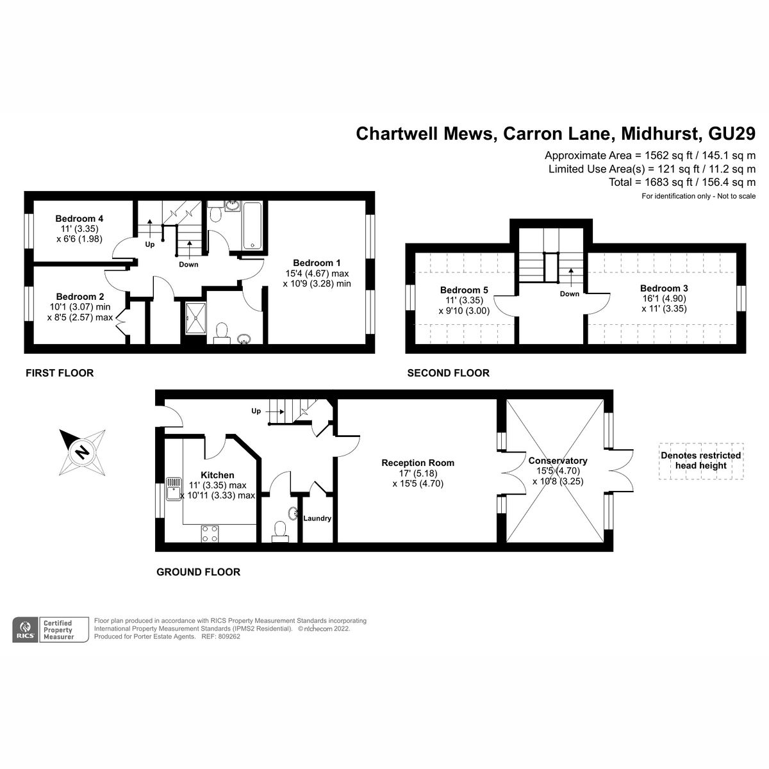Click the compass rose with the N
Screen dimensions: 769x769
click(82, 452)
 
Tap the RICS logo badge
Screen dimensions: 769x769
click(25, 629)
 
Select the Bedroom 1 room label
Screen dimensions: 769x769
click(317, 263)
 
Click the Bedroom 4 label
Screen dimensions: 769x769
click(79, 219)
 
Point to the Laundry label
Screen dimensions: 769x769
click(317, 518)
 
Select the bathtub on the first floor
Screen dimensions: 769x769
click(252, 226)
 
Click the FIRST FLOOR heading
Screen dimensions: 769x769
click(59, 373)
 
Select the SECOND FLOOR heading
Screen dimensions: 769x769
click(448, 373)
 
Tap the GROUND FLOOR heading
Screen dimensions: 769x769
click(198, 572)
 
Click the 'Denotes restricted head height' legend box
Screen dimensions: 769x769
click(700, 461)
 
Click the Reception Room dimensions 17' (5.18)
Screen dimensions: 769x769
click(417, 474)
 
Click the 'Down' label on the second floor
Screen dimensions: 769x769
click(569, 294)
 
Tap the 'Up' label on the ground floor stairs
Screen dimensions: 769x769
click(256, 411)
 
